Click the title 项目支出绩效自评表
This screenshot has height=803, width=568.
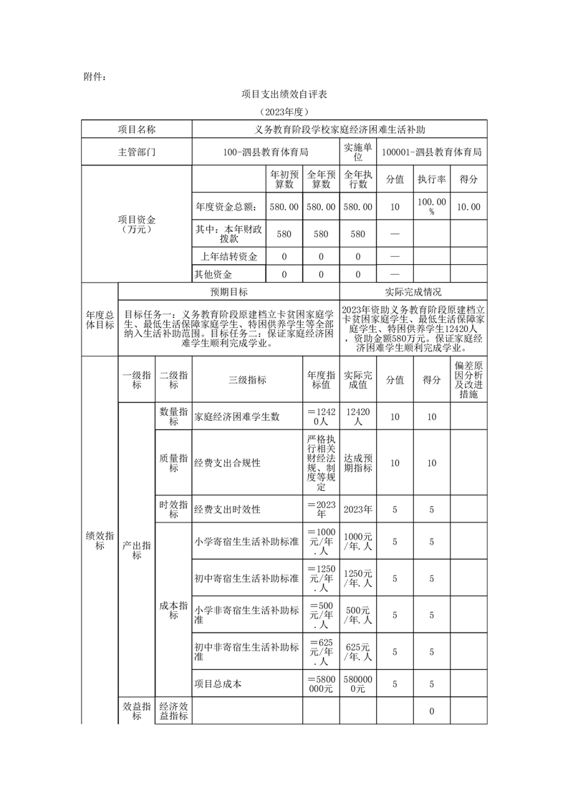coord(284,94)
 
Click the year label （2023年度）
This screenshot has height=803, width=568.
coord(284,112)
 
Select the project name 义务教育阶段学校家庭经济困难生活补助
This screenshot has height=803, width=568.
coord(340,130)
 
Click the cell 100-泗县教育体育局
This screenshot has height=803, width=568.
coord(265,152)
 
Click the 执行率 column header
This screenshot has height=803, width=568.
coord(432,179)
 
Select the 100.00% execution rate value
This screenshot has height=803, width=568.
coord(432,207)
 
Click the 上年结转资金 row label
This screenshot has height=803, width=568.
coord(228,256)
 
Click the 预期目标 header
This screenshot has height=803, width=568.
coord(228,292)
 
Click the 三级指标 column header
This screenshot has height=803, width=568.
coord(247,380)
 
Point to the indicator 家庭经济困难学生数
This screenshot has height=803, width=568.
coord(237,417)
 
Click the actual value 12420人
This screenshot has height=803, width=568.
coord(357,417)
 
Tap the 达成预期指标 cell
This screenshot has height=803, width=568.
coord(357,463)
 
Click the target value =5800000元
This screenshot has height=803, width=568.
coord(320,683)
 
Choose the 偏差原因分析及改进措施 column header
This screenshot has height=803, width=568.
coord(468,380)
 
